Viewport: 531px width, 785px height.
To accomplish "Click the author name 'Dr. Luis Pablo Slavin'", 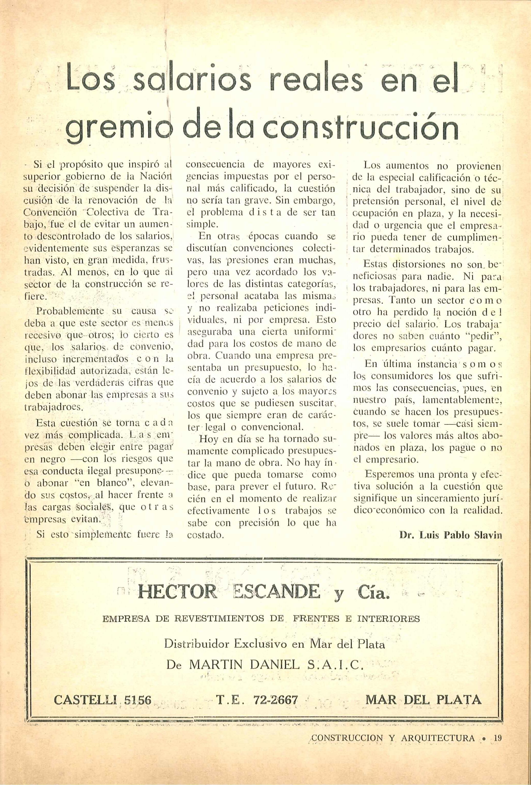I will coord(451,535).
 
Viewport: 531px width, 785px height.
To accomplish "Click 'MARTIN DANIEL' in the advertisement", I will coord(244,664).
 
